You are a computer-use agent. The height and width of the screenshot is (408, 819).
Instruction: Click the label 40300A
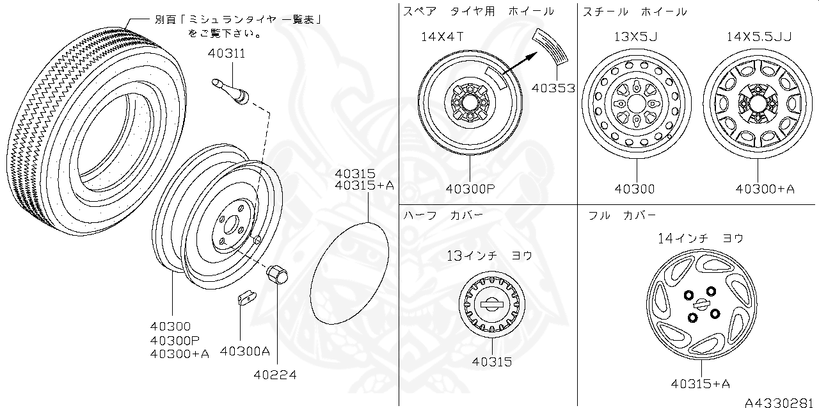click(245, 351)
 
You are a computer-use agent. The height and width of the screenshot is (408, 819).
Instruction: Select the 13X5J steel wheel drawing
click(637, 104)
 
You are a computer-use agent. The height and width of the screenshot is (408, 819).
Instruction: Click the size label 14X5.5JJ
click(759, 37)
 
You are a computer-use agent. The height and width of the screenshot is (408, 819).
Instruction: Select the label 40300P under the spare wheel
click(471, 189)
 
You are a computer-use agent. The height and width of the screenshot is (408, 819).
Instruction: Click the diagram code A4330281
click(781, 402)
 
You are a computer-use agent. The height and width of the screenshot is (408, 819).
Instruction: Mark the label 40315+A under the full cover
click(701, 384)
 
